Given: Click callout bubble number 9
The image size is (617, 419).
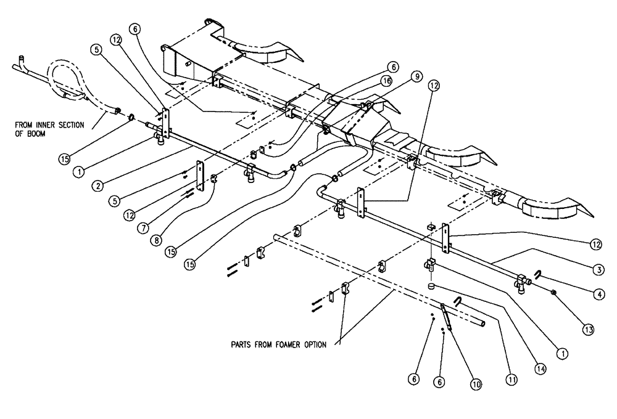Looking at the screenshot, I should pos(417,77).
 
